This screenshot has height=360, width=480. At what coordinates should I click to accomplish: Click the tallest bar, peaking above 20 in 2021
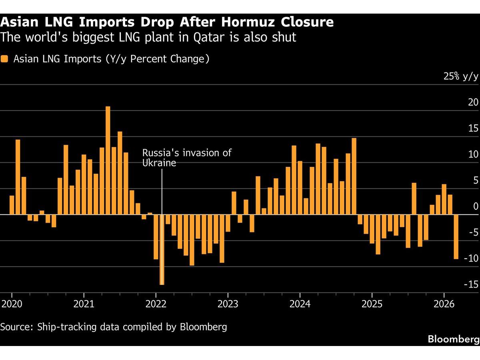click(108, 160)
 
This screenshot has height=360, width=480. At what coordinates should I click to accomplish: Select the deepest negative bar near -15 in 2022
click(162, 250)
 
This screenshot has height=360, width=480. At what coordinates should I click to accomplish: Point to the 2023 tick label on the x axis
click(228, 304)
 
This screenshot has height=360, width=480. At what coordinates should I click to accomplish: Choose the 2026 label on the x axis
click(444, 304)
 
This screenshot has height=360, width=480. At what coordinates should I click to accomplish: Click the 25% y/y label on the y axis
click(460, 77)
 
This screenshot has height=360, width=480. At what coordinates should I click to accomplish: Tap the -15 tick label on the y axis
click(470, 284)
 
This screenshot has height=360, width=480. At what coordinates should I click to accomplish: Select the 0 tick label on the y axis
click(475, 206)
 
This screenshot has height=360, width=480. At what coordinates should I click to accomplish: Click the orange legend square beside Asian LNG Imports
click(4, 59)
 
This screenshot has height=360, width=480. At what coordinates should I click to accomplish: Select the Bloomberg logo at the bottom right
click(453, 339)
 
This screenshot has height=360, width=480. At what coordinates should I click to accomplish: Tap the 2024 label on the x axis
click(300, 304)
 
